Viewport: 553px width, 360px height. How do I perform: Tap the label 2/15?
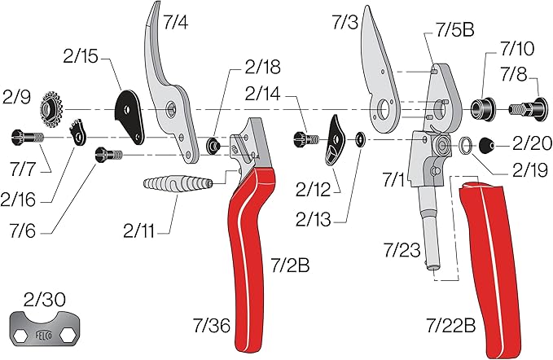point(80,57)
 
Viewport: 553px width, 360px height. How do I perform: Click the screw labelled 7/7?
point(24,137)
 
